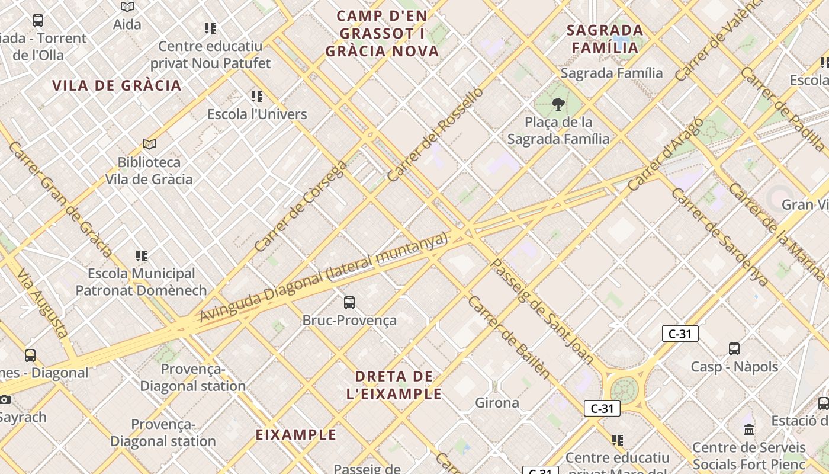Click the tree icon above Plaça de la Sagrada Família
pos(557,105)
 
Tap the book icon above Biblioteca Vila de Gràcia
pos(149,144)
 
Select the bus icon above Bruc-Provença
pos(349,303)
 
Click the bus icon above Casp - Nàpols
pos(734,349)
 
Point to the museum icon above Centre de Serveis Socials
pos(749,430)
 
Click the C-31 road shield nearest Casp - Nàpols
pos(680,334)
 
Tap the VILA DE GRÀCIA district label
pos(117,85)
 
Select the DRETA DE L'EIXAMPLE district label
pos(394,385)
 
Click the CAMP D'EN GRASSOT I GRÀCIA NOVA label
pos(382,33)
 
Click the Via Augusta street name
pos(41,303)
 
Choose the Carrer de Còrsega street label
pos(300,206)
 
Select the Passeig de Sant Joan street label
pos(542,310)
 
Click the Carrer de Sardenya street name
pos(719,237)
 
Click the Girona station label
pos(497,403)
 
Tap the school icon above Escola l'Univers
pos(256,96)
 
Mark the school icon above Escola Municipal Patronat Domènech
pos(141,256)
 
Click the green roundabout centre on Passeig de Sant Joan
pos(624,390)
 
